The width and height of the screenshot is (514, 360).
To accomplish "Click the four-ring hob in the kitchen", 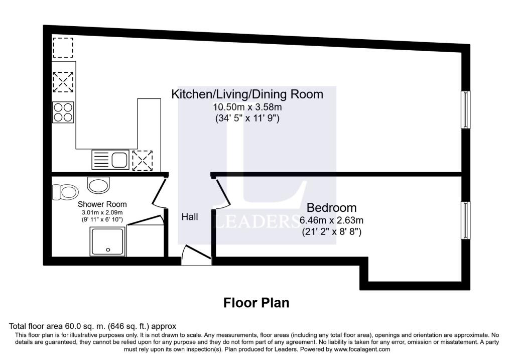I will click(63, 111).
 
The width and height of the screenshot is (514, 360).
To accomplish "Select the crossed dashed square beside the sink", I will click(142, 160).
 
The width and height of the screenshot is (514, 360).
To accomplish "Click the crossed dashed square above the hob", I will click(63, 82).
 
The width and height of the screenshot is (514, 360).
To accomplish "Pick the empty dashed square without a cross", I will click(63, 48).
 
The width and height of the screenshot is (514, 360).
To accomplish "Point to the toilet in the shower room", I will click(65, 191).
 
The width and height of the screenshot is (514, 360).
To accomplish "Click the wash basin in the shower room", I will click(97, 184).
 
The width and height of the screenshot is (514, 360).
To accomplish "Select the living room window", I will click(466, 109).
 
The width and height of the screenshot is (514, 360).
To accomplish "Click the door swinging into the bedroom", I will click(222, 193).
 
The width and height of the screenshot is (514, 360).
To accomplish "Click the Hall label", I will click(190, 217).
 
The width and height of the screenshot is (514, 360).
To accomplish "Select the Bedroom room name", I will click(331, 207).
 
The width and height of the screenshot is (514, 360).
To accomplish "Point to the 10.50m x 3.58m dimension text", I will click(247, 107).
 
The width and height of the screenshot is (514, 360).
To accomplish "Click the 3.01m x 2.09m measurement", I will click(102, 212).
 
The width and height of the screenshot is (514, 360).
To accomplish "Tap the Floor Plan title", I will click(256, 303).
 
